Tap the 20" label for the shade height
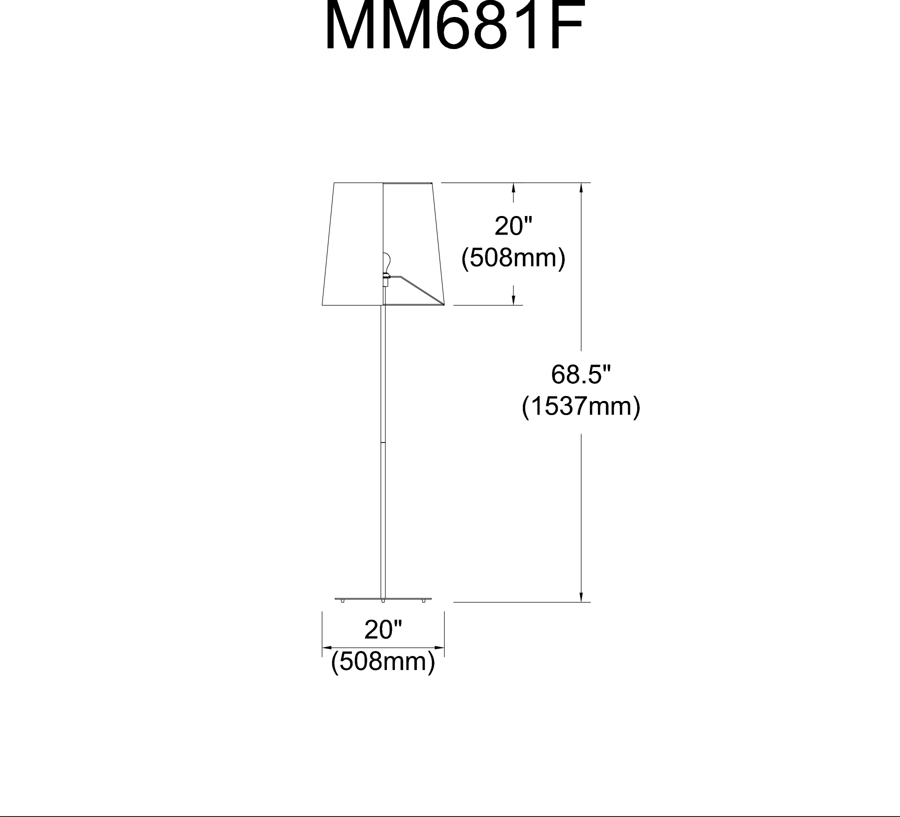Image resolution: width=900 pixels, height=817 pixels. click(513, 226)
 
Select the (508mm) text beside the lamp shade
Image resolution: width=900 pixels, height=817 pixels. click(513, 258)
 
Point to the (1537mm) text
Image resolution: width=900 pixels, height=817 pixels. click(581, 406)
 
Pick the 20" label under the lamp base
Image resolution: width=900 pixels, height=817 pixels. click(383, 630)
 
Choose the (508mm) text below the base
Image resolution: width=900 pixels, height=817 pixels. click(383, 662)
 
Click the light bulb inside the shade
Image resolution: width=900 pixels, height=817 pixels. click(386, 261)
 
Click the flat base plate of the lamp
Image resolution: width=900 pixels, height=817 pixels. click(383, 597)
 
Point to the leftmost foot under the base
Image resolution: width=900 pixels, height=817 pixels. click(342, 600)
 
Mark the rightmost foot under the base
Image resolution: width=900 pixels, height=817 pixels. click(423, 600)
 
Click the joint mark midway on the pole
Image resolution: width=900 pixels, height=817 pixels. click(383, 443)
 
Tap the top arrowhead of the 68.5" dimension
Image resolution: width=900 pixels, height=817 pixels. click(581, 187)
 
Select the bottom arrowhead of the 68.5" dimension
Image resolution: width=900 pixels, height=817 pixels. click(581, 597)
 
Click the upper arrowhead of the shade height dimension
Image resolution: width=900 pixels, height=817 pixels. click(513, 187)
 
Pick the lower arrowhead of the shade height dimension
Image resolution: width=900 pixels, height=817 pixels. click(513, 300)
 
